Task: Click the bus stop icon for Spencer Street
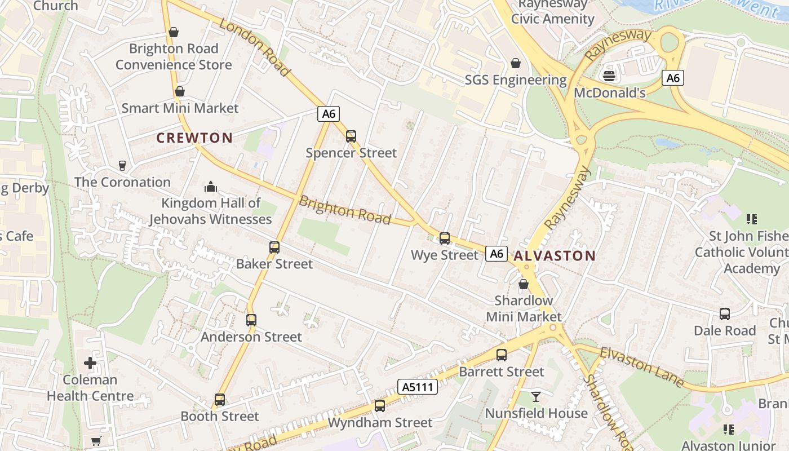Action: click(351, 136)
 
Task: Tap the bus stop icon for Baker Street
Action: click(274, 247)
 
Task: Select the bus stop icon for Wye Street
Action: click(445, 238)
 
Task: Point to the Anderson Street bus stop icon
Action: click(251, 320)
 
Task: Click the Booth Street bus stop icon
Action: click(220, 399)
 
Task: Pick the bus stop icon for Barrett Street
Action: click(502, 355)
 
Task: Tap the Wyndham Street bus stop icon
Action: click(380, 405)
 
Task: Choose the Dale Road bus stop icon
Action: click(725, 313)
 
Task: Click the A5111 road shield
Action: click(418, 387)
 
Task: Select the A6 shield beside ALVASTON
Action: click(497, 254)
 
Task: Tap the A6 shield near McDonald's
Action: click(673, 78)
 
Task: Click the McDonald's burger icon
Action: click(609, 75)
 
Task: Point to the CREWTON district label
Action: click(194, 138)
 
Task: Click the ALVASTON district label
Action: click(555, 255)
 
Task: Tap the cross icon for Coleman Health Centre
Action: click(90, 362)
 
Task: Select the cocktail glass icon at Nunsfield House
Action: click(536, 396)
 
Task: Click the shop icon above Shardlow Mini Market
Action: click(524, 284)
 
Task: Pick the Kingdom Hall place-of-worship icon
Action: click(211, 186)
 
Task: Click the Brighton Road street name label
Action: click(344, 210)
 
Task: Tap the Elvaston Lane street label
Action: click(642, 368)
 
